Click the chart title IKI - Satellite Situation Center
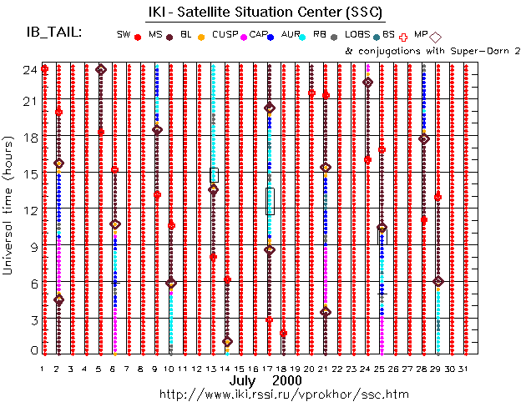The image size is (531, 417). [x=279, y=11]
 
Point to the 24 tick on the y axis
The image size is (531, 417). [x=28, y=70]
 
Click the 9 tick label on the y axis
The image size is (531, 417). [x=32, y=247]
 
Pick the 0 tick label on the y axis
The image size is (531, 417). [x=32, y=351]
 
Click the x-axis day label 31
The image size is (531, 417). [x=464, y=368]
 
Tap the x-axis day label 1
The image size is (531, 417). [x=42, y=368]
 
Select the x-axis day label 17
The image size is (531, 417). [x=269, y=368]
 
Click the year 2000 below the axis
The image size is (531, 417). [x=286, y=380]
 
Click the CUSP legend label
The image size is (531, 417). [x=225, y=34]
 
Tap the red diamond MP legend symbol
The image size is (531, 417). [x=435, y=36]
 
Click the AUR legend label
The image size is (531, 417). [x=291, y=34]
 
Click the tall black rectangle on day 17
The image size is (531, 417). [x=270, y=201]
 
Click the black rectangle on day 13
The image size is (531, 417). [x=214, y=174]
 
